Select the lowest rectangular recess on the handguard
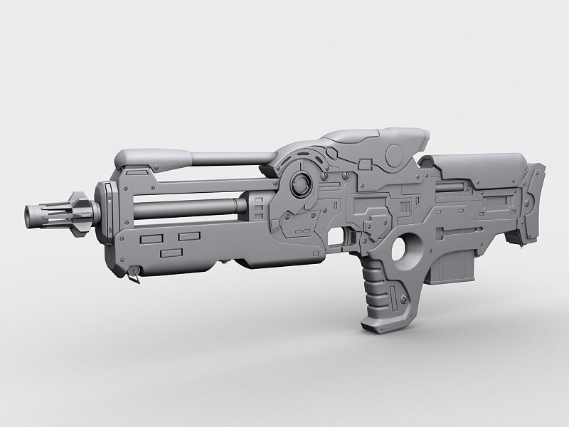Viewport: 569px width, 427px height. pyautogui.click(x=172, y=253)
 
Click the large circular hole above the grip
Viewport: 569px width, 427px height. pyautogui.click(x=401, y=251)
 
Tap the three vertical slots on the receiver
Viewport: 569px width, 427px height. pyautogui.click(x=406, y=207)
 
